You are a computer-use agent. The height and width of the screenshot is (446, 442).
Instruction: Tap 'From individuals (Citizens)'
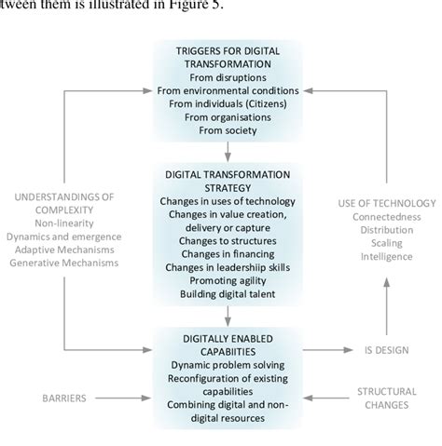point(227,104)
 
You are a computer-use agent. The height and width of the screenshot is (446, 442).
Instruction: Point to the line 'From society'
point(227,131)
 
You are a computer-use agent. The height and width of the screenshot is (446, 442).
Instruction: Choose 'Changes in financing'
point(227,250)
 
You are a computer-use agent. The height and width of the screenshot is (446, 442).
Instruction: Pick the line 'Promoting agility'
point(227,278)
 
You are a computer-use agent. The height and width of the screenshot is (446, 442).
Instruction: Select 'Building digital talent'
point(227,293)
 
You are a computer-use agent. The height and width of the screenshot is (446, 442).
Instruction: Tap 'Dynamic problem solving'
point(227,365)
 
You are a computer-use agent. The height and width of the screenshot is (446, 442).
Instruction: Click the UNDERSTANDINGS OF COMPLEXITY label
point(69,204)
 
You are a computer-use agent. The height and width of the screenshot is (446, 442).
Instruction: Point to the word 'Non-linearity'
point(69,223)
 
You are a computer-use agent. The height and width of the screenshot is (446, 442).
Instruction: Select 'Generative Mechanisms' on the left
point(69,264)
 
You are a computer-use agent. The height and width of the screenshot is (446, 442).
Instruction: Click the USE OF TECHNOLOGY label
point(386,202)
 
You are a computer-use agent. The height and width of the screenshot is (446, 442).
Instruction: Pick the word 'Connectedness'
point(386,217)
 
